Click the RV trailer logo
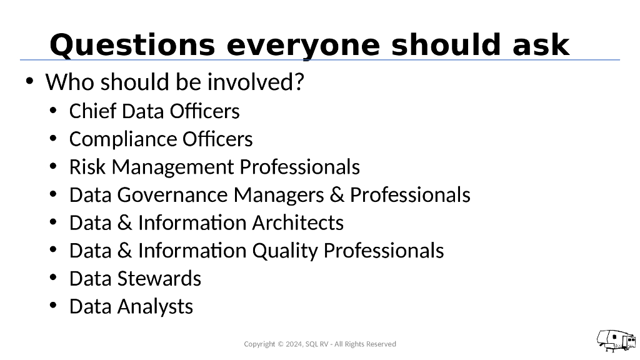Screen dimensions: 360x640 tap(616, 340)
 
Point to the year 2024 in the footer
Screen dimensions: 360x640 tap(292, 344)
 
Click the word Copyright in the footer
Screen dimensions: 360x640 tap(259, 344)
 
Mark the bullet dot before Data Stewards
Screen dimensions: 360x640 tap(54, 278)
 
